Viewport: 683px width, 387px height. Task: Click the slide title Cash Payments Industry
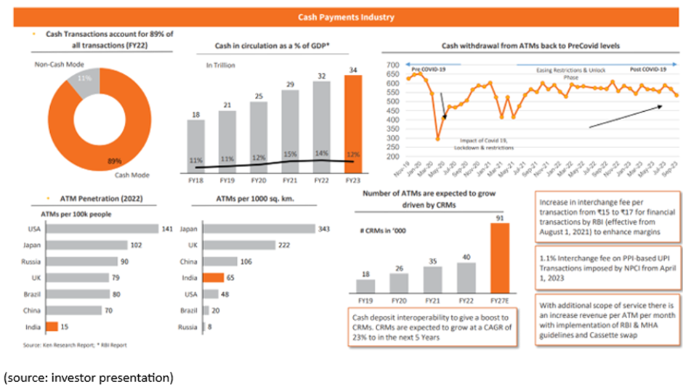[341, 16]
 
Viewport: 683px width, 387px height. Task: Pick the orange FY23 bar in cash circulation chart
[352, 125]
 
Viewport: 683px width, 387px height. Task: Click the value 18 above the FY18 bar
[195, 113]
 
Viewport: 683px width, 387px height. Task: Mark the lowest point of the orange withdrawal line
[438, 139]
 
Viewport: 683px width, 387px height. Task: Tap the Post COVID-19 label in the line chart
[647, 70]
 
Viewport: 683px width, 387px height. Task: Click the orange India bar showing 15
[52, 327]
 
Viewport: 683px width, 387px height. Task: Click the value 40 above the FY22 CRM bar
[466, 256]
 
